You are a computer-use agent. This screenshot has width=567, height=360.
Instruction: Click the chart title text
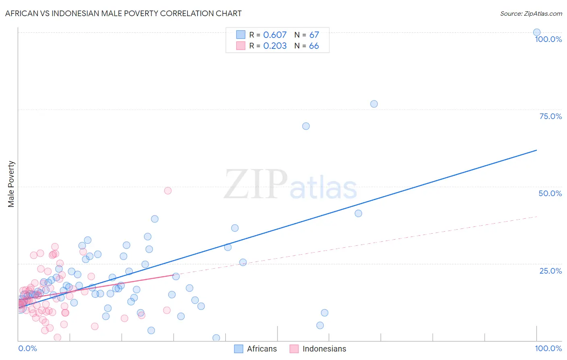[123, 13]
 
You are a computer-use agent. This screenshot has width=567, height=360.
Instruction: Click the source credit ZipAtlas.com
[531, 13]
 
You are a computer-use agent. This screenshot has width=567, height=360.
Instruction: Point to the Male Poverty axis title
[11, 184]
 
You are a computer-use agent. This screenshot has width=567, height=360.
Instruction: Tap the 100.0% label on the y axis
[548, 39]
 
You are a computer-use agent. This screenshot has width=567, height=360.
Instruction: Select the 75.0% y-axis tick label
[550, 116]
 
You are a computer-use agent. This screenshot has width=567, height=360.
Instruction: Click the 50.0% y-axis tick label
[550, 193]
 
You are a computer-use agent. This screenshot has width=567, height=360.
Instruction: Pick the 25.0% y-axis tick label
[550, 271]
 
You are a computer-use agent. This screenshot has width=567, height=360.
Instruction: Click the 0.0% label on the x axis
[27, 348]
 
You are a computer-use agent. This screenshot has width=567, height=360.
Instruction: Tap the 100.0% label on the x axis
[548, 348]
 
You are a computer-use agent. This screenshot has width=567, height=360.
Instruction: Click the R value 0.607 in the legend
[275, 35]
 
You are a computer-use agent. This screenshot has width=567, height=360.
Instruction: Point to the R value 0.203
[275, 46]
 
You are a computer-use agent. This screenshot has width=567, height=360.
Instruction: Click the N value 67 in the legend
[314, 35]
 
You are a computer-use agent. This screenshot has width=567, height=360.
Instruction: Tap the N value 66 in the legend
[314, 46]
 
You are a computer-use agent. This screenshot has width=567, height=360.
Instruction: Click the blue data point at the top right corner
[537, 32]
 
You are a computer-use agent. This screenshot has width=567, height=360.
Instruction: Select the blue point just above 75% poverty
[374, 104]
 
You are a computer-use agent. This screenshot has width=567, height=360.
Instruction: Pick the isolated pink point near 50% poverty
[168, 190]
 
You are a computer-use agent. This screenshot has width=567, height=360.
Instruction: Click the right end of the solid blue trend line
[537, 150]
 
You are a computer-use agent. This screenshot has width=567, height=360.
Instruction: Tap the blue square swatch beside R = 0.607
[241, 35]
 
